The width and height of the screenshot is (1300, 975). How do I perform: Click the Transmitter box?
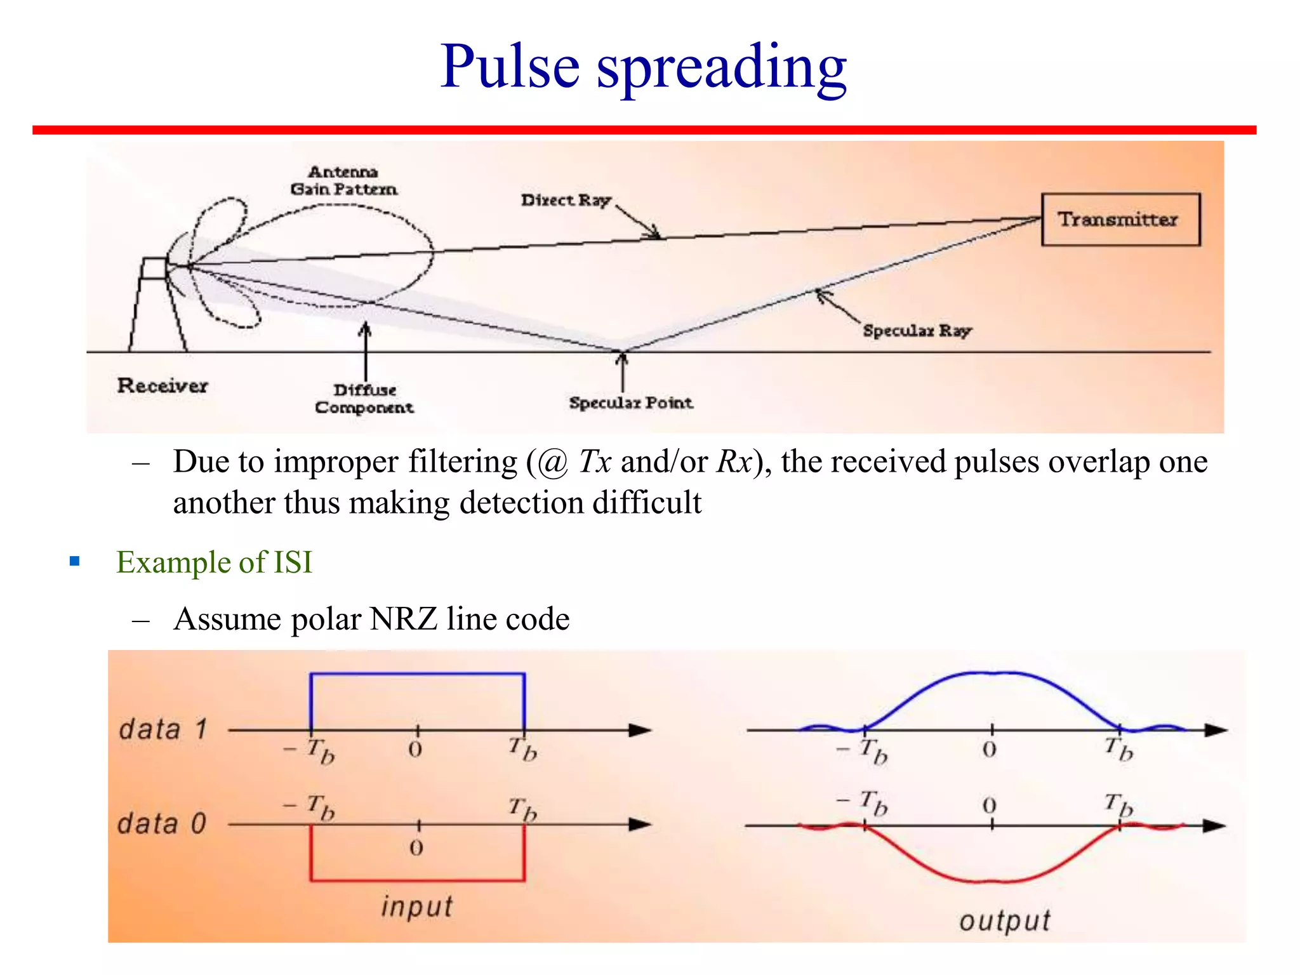tap(1120, 220)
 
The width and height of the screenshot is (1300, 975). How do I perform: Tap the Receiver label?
tap(162, 385)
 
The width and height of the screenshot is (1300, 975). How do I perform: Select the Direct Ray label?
tap(566, 201)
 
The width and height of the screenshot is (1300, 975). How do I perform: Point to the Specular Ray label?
tap(917, 331)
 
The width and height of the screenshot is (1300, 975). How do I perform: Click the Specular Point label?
tap(630, 402)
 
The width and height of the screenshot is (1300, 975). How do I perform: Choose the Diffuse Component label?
tap(364, 399)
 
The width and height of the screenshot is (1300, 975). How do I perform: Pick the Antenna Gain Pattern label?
tap(343, 181)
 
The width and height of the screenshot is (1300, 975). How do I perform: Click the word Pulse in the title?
tap(510, 67)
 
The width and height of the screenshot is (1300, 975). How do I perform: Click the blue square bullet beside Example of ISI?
tap(75, 561)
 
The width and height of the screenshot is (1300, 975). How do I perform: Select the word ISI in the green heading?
tap(293, 562)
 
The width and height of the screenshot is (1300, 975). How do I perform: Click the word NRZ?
tap(403, 619)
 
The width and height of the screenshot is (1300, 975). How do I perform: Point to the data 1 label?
tap(163, 729)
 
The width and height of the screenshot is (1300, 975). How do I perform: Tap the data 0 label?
tap(162, 824)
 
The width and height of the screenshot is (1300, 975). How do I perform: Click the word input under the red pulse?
tap(417, 906)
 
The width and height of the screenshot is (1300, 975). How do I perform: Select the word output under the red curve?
tap(1004, 921)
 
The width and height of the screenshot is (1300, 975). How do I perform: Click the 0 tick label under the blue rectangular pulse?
tap(415, 750)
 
